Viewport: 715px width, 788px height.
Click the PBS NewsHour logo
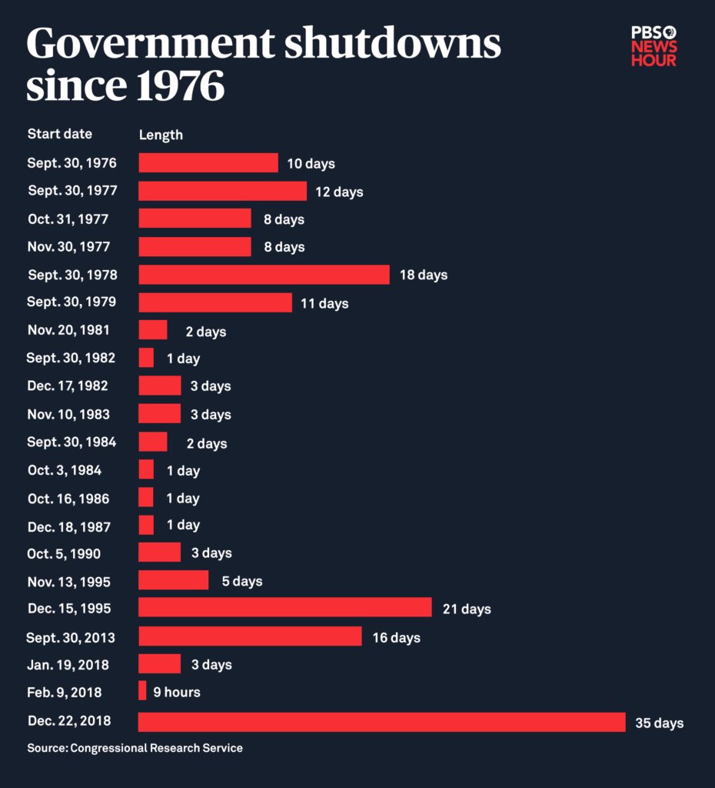tap(653, 46)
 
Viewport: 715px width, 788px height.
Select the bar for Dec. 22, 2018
tap(381, 722)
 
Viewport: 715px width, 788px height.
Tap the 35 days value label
tap(659, 723)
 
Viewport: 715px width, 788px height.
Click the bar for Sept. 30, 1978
tap(264, 275)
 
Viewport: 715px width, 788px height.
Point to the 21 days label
tap(467, 609)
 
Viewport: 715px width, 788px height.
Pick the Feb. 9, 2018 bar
tap(142, 691)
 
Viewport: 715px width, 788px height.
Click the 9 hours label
tap(176, 692)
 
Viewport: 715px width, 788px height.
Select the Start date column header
tap(60, 134)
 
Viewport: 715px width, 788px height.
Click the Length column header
tap(161, 135)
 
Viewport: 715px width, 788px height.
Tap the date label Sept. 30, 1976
tap(71, 163)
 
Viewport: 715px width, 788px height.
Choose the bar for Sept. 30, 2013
tap(250, 636)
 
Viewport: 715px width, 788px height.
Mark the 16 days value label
tap(396, 637)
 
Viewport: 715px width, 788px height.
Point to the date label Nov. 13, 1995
tap(69, 581)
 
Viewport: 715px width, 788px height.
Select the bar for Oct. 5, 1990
tap(159, 553)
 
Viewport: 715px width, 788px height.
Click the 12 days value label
tap(339, 192)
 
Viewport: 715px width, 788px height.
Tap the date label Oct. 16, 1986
tap(68, 499)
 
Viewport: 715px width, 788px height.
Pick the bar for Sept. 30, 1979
tap(215, 302)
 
